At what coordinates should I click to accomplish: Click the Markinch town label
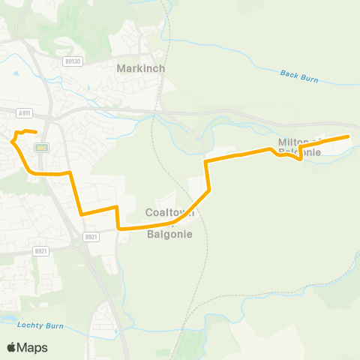coord(140,68)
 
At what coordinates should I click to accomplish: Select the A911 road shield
coord(24,112)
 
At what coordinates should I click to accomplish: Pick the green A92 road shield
coord(43,148)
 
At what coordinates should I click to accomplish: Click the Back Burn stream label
coord(299,75)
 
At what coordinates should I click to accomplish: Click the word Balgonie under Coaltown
coord(169,234)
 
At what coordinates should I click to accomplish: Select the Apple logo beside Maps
coord(11,347)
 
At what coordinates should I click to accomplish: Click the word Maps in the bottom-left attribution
coord(33,347)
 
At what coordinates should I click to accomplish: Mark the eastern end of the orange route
coord(349,136)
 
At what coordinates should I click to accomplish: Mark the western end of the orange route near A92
coord(35,133)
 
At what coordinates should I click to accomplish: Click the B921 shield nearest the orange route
coord(91,237)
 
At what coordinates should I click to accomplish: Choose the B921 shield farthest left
coord(41,251)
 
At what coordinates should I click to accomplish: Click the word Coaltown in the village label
coord(169,213)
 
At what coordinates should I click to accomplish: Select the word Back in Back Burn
coord(289,73)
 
